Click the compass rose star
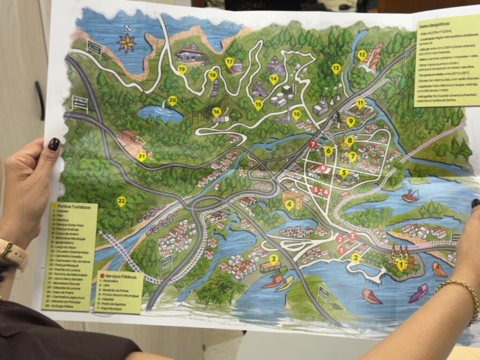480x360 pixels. coord(127,43)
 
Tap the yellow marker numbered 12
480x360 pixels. coord(362,55)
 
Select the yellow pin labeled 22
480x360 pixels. coord(122,201)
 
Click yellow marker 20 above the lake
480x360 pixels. coord(172,100)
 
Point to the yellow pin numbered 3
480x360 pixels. coord(274,260)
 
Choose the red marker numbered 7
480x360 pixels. coord(313,144)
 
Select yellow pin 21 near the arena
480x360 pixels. coord(142,157)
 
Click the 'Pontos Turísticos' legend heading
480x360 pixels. coord(74,207)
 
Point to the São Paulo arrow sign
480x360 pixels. coord(80,103)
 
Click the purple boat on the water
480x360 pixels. coord(418,293)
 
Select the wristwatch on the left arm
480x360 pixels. coord(12,252)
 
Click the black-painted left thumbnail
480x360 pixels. coord(54,144)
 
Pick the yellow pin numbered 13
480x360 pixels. coord(336,68)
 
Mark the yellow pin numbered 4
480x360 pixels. coord(289,205)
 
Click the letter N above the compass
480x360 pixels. coord(128,28)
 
